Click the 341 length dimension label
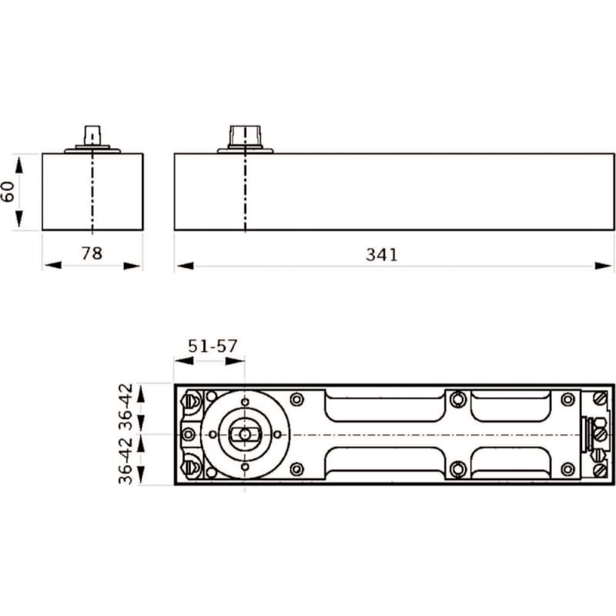381,255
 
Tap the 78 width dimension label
92,253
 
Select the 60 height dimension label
8,192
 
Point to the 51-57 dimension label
213,346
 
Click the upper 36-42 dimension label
126,407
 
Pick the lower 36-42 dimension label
126,460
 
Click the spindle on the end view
92,136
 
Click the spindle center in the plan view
245,434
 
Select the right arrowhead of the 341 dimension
604,266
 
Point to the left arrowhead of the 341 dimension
185,266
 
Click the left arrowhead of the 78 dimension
53,265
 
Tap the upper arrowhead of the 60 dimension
18,165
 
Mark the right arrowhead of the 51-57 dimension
235,360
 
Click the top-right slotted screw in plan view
600,399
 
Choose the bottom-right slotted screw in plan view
600,470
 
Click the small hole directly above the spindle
245,402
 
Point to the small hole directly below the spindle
245,467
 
